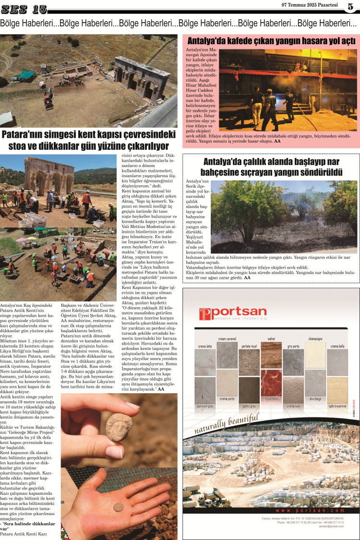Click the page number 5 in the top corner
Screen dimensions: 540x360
(350, 6)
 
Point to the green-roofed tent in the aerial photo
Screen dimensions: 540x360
(27, 74)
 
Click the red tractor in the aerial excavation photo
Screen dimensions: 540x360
(48, 98)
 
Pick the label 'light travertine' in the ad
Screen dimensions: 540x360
(337, 406)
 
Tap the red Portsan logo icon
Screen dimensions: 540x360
(205, 314)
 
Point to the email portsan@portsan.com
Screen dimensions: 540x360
(331, 526)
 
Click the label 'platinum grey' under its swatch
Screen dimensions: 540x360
(204, 406)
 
